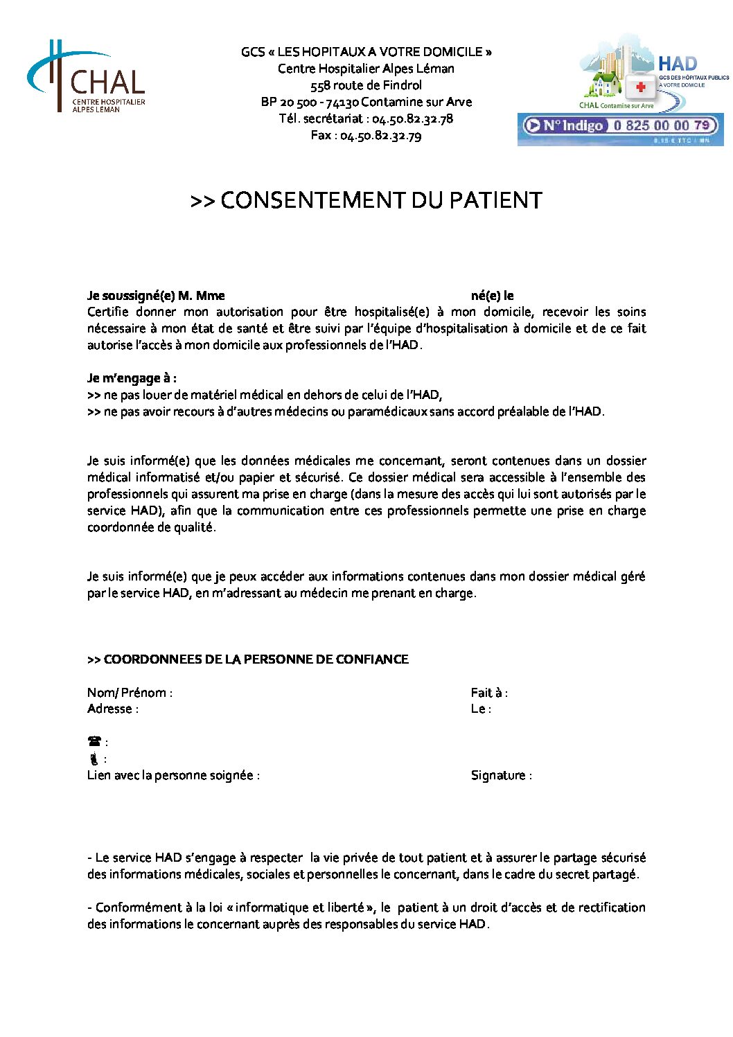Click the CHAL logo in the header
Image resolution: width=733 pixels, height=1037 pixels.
click(x=87, y=78)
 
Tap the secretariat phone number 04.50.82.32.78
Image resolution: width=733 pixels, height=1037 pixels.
click(x=412, y=118)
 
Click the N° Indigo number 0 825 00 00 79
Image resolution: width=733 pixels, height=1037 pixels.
click(x=661, y=125)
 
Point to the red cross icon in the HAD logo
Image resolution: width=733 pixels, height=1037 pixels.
click(x=641, y=87)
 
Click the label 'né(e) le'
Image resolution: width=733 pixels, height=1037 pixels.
click(x=492, y=296)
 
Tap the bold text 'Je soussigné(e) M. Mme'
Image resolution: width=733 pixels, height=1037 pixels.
click(x=156, y=296)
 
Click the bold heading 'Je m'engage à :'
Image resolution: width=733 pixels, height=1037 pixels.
click(x=132, y=378)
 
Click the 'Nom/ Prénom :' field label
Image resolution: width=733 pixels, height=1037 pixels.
click(x=130, y=693)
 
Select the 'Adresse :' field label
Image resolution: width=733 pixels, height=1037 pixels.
click(x=112, y=709)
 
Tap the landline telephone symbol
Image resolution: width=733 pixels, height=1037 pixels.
click(x=95, y=742)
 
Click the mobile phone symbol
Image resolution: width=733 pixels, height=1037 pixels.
click(x=94, y=759)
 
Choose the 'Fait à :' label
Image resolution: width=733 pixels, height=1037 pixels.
click(x=489, y=693)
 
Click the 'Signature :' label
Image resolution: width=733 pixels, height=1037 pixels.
click(x=501, y=775)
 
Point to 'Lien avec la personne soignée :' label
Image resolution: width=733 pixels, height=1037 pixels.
click(x=173, y=775)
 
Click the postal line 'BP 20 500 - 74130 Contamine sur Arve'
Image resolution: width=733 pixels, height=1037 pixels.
click(x=366, y=102)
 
